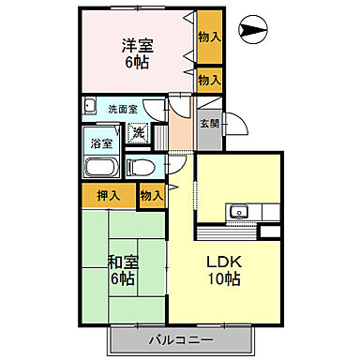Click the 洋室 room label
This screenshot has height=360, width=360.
(138, 44)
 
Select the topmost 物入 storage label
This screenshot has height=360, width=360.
(209, 37)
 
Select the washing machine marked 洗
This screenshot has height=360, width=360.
(138, 133)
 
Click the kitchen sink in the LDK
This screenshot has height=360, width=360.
(238, 209)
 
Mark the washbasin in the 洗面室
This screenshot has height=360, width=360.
(90, 105)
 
